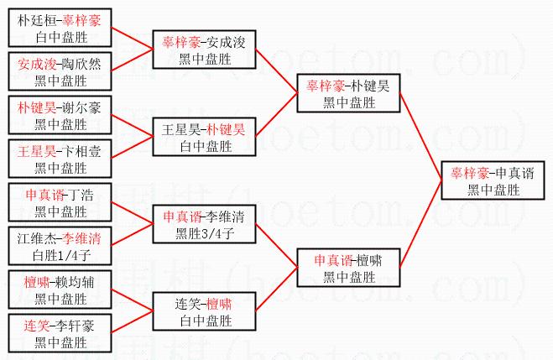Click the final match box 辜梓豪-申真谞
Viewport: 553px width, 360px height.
pos(496,181)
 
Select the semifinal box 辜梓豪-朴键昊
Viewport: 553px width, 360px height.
pos(348,94)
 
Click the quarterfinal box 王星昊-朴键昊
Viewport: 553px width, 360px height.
pos(204,138)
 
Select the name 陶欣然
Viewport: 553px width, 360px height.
pos(82,63)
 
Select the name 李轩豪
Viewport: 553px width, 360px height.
pos(75,324)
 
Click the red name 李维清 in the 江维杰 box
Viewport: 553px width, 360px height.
pos(82,237)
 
